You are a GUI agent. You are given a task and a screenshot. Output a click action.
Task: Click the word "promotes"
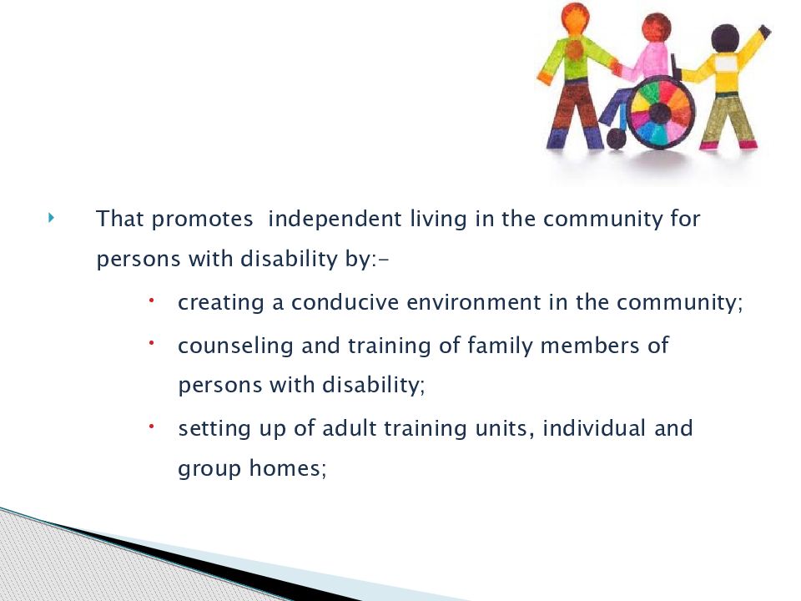tap(202, 220)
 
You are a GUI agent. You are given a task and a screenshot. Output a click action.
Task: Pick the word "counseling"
tap(235, 346)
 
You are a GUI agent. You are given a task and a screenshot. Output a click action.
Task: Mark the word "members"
tap(590, 346)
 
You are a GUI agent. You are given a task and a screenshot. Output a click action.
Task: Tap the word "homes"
tap(285, 468)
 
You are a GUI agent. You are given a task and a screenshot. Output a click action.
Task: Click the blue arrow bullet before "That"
tap(51, 218)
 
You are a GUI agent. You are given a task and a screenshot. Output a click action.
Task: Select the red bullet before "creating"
tap(152, 301)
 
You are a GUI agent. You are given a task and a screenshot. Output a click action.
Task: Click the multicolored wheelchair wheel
tap(659, 113)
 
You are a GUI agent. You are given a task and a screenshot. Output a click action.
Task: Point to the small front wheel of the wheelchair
tap(616, 139)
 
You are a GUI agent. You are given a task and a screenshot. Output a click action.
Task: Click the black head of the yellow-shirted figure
tap(725, 38)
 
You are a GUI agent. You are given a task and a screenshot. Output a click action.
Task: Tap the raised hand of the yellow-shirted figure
tap(765, 31)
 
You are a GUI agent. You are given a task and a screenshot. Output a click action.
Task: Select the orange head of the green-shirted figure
tap(575, 18)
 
